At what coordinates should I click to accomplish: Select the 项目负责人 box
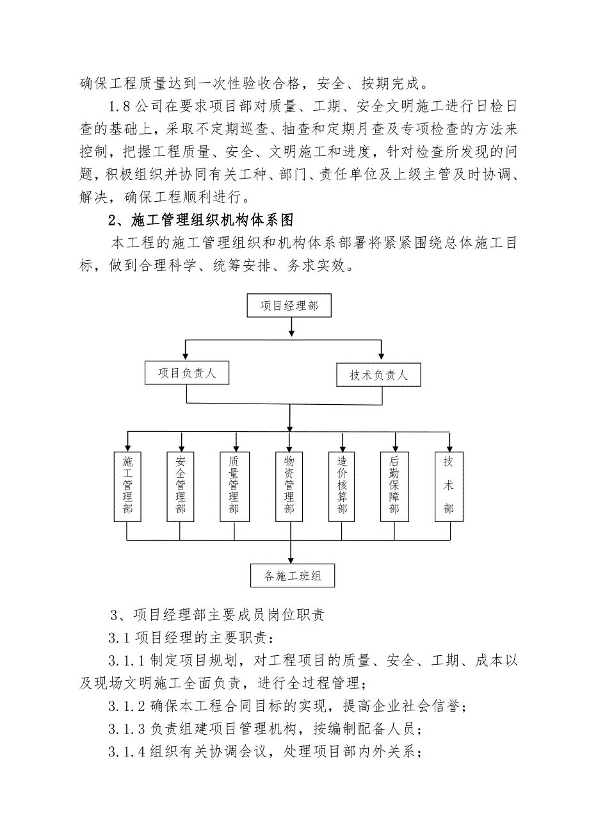point(186,373)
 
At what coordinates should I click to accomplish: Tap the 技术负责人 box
point(378,375)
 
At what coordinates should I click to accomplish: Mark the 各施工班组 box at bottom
point(293,576)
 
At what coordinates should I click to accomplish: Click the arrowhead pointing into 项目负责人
point(186,356)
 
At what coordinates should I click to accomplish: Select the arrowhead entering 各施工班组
point(292,559)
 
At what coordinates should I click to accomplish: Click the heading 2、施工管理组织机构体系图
point(200,220)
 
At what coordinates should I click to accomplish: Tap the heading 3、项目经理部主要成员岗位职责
point(217,616)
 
